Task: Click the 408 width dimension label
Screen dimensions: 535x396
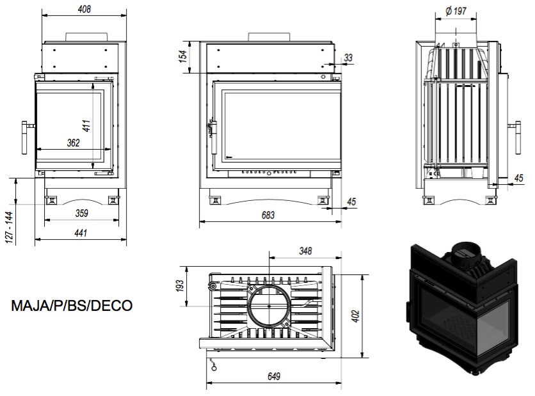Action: pos(84,9)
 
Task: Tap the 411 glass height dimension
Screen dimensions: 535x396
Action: pos(86,126)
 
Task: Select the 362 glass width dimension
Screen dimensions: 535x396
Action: pos(74,143)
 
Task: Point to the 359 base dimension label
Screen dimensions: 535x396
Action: pos(82,213)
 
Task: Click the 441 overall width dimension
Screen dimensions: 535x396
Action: pos(81,233)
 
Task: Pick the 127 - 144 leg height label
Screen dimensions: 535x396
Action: pos(10,228)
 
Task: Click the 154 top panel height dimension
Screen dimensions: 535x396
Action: pos(183,56)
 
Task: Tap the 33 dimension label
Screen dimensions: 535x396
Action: pos(348,58)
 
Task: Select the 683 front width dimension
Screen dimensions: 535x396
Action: pos(268,215)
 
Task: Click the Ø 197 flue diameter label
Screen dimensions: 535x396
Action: pos(456,12)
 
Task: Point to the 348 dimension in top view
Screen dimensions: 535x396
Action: pos(305,251)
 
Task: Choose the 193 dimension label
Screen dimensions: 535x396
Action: pos(180,285)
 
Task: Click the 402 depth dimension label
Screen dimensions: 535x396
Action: pos(355,316)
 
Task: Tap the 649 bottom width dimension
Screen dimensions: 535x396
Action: pos(274,376)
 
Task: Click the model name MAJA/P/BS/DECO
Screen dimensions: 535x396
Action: pos(72,306)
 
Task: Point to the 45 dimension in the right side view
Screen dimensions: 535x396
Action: pos(518,178)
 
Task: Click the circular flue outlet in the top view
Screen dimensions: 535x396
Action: pos(269,306)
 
